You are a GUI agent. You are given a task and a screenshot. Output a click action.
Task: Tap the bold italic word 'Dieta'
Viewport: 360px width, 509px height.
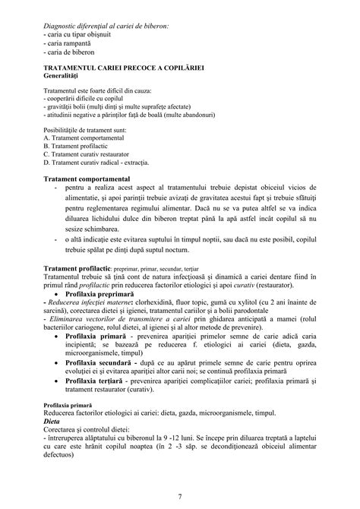tap(52, 419)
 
